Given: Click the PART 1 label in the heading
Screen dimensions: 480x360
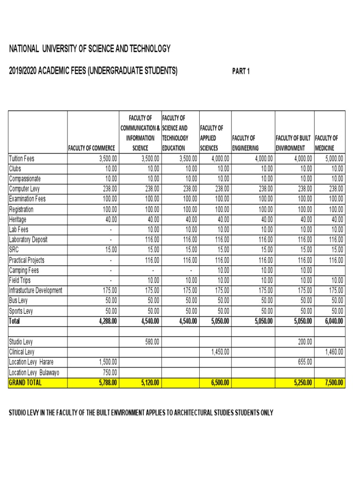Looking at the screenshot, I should tap(241, 71).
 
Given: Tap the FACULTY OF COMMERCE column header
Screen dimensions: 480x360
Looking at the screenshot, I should tap(92, 149).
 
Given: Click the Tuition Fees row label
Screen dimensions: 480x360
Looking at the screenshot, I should tap(22, 158).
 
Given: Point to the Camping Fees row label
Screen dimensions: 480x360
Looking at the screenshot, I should tap(24, 270).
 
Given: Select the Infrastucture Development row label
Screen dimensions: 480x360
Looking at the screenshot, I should tap(36, 291).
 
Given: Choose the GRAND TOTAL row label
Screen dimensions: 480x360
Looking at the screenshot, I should tap(25, 382).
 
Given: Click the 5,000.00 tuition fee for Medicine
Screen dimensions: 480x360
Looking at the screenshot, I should tap(334, 158).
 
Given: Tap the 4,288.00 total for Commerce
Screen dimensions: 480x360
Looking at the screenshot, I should tap(106, 322).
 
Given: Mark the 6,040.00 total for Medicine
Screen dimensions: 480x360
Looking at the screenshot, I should tap(334, 322).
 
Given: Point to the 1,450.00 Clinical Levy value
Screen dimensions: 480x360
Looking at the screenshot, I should tap(219, 352).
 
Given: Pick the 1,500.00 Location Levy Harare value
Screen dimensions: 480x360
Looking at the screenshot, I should tap(108, 362).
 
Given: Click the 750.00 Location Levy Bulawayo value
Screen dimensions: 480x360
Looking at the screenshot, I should tap(110, 373).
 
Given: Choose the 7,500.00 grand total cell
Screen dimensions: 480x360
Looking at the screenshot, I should tap(334, 383).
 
